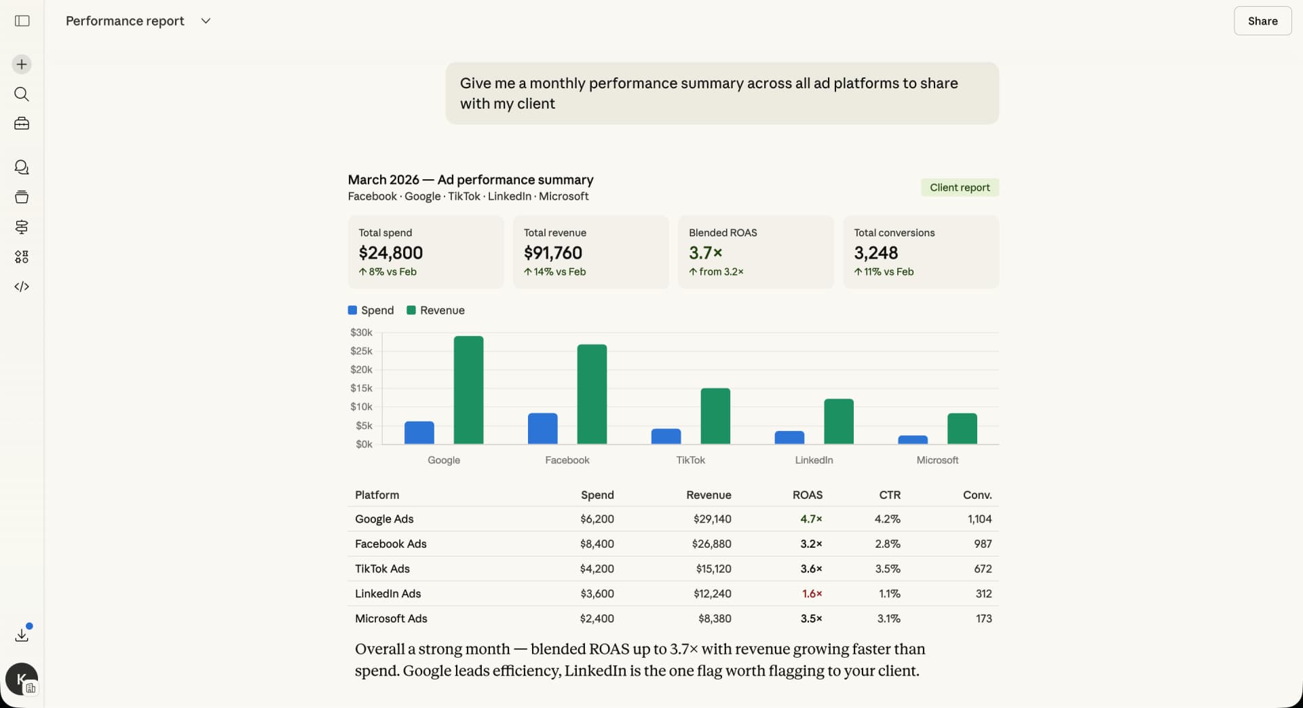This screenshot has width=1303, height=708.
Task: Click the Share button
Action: click(x=1262, y=21)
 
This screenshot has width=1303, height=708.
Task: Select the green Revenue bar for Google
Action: click(x=468, y=390)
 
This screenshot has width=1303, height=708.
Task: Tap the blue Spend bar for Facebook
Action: click(x=542, y=428)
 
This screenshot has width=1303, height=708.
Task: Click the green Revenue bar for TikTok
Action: click(x=715, y=416)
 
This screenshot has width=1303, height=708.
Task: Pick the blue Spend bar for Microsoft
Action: click(x=912, y=440)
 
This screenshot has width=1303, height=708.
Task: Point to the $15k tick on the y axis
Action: click(x=361, y=388)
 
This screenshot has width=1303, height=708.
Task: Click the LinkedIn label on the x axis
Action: click(x=814, y=460)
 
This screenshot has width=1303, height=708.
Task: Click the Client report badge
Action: click(x=959, y=187)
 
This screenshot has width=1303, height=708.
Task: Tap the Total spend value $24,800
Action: click(x=391, y=253)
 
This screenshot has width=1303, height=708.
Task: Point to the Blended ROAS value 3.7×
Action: click(x=705, y=253)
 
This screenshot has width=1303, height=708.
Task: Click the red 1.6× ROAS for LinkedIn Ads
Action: click(x=812, y=594)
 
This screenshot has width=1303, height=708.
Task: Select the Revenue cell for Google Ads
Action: click(x=712, y=519)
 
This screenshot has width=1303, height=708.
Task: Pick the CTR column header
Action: click(x=890, y=495)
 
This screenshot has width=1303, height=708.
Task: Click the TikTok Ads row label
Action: click(x=382, y=569)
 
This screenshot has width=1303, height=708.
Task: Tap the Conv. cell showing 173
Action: click(x=983, y=619)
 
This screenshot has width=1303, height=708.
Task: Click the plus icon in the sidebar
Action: click(x=22, y=64)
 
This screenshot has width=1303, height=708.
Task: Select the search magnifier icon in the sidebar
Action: click(x=22, y=94)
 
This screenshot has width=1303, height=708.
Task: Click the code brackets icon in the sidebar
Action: click(x=22, y=286)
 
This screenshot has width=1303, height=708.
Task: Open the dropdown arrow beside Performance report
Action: click(x=206, y=21)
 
